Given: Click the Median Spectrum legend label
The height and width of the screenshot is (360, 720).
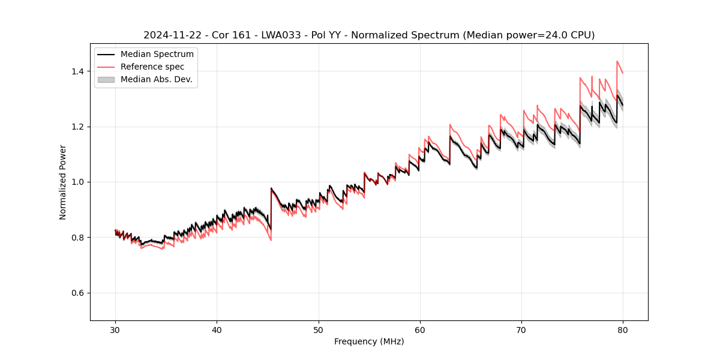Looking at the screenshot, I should click(x=157, y=55).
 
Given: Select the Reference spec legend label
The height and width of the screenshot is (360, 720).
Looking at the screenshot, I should click(x=152, y=67).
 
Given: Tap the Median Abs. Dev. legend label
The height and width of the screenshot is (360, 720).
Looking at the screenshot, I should click(x=156, y=79).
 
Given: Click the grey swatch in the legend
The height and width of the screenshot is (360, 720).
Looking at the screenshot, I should click(x=106, y=79).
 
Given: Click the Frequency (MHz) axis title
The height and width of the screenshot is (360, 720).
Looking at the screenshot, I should click(x=369, y=341).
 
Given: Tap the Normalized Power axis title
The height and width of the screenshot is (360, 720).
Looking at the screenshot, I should click(x=63, y=182).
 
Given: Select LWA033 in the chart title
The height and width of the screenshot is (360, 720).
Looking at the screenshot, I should click(x=280, y=35).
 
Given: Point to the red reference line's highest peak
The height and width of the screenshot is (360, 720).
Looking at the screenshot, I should click(x=617, y=61).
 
